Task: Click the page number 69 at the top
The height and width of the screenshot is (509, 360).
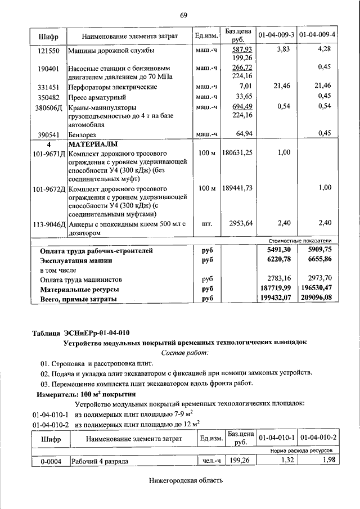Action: [183, 15]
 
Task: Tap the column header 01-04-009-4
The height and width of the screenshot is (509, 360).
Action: [317, 35]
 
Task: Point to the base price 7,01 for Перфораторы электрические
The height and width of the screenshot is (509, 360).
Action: [244, 87]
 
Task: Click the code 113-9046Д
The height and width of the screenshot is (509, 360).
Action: [49, 224]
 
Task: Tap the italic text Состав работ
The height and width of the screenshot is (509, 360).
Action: [184, 352]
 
